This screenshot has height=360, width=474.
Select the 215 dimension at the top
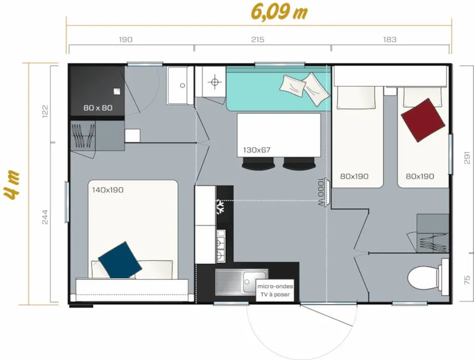click(257, 40)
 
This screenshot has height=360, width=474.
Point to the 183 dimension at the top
click(389, 40)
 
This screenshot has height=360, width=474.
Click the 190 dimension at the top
click(126, 40)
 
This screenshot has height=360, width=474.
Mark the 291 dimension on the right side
click(467, 157)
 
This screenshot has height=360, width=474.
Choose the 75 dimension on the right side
click(467, 279)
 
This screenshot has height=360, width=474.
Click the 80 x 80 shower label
click(98, 108)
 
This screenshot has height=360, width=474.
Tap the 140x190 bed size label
click(108, 190)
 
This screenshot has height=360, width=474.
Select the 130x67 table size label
click(257, 150)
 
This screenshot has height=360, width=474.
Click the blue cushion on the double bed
click(120, 260)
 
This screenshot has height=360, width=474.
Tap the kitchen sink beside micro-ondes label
click(234, 282)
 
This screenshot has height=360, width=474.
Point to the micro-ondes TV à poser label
click(276, 290)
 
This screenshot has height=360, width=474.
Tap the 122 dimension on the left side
click(46, 111)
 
